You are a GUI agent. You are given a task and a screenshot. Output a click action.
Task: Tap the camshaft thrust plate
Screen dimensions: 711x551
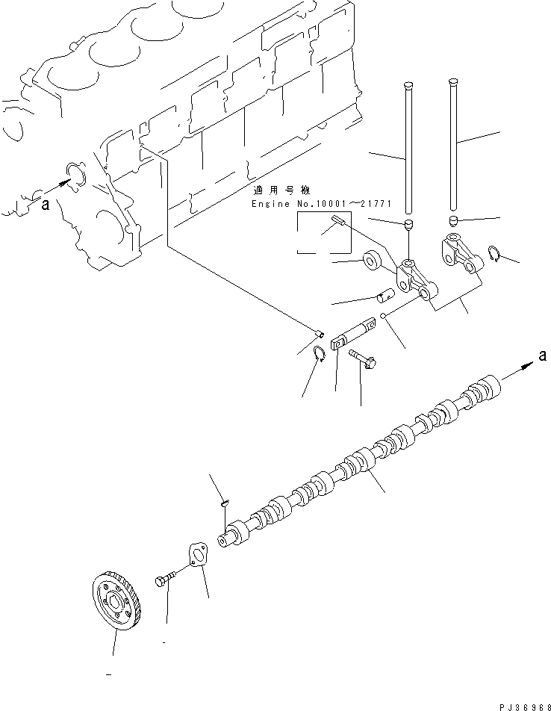pyautogui.click(x=197, y=557)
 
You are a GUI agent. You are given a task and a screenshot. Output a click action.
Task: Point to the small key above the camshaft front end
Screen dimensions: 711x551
pyautogui.click(x=223, y=506)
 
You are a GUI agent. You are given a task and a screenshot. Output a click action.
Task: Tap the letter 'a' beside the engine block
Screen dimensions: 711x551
pyautogui.click(x=45, y=207)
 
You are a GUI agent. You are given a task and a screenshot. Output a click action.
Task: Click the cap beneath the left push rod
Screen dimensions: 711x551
pyautogui.click(x=408, y=225)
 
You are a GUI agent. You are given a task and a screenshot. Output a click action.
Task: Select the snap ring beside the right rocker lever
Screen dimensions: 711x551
pyautogui.click(x=494, y=253)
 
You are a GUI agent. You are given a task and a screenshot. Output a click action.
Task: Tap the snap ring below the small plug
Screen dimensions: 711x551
pyautogui.click(x=317, y=353)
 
